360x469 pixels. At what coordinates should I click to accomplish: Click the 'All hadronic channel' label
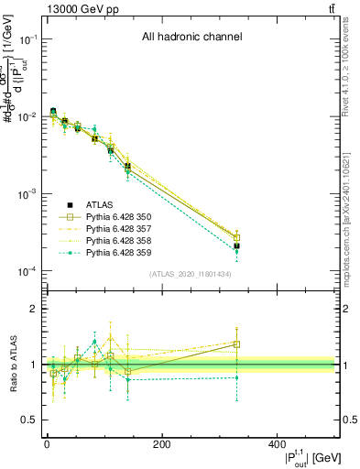tap(191, 38)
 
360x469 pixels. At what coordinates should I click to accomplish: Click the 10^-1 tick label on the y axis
tap(27, 39)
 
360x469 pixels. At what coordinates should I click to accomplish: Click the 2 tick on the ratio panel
tap(33, 310)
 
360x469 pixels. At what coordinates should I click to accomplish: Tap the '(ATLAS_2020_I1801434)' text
tap(191, 274)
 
